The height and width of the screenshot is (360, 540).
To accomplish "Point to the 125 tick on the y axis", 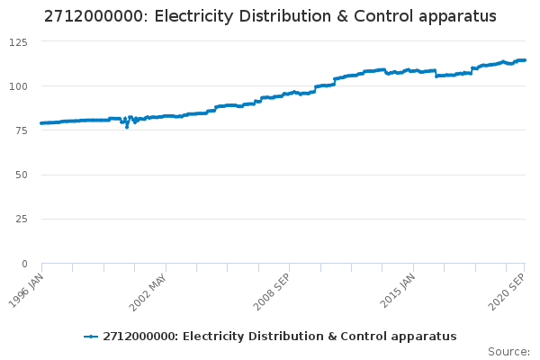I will pyautogui.click(x=18, y=42).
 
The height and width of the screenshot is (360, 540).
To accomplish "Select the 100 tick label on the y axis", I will pyautogui.click(x=18, y=86).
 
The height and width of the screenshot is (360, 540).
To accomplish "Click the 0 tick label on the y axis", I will pyautogui.click(x=25, y=264).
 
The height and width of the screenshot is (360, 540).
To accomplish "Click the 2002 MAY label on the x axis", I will pyautogui.click(x=148, y=289).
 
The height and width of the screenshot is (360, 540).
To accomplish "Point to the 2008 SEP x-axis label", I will pyautogui.click(x=271, y=289).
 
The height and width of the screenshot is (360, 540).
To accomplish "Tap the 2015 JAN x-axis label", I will pyautogui.click(x=396, y=289).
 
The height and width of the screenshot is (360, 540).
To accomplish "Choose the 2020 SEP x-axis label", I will pyautogui.click(x=508, y=289).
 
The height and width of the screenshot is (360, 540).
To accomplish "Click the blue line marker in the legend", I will pyautogui.click(x=91, y=337).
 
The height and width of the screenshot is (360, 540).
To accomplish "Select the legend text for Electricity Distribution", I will pyautogui.click(x=280, y=337).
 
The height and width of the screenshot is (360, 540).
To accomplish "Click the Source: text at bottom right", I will pyautogui.click(x=508, y=351).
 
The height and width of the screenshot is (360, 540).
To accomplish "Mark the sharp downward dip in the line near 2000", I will pyautogui.click(x=127, y=127).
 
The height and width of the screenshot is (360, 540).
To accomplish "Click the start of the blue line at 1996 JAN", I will pyautogui.click(x=41, y=123).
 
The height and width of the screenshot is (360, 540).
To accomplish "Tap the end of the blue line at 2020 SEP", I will pyautogui.click(x=525, y=60).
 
